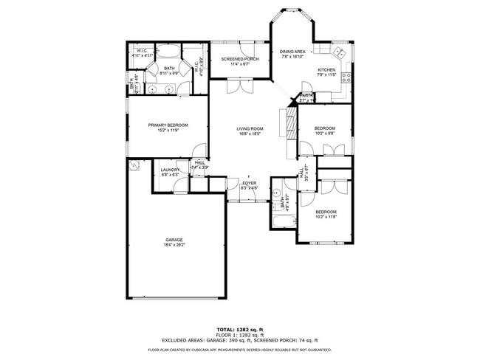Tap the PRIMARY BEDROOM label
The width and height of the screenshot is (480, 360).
coord(168,125)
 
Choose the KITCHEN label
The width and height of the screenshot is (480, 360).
coord(326,69)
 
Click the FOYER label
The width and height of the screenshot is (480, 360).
coord(249,183)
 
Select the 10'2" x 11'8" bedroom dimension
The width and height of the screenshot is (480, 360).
coord(326,216)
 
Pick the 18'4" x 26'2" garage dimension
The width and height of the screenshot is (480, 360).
coord(174,244)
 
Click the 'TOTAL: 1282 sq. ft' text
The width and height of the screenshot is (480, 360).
coord(240,329)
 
